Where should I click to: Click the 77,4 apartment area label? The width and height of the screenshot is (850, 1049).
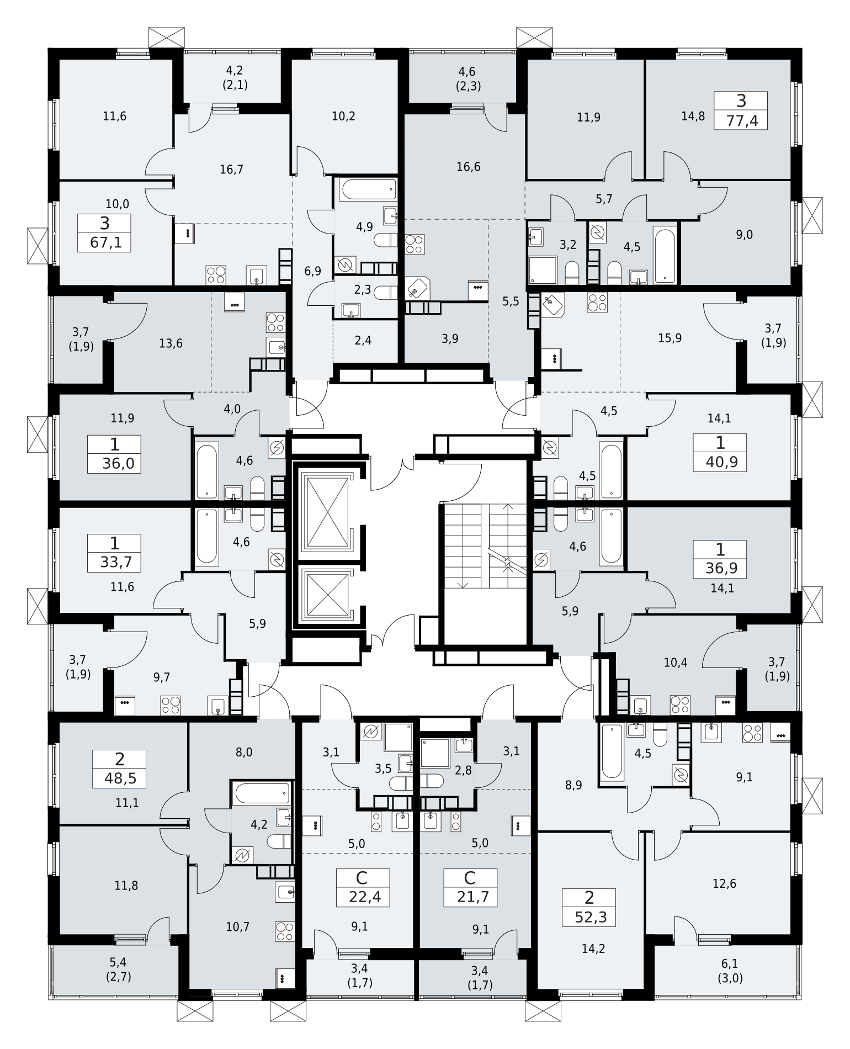point(741,120)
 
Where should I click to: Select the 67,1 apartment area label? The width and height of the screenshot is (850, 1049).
point(104,242)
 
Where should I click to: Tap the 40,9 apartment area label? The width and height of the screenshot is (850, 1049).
point(720,462)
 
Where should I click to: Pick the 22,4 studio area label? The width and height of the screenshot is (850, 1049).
point(363,897)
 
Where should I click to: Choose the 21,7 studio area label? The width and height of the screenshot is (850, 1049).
point(470,897)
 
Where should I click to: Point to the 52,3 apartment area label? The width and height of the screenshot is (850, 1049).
point(589,917)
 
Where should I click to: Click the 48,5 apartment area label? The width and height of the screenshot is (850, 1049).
point(120,779)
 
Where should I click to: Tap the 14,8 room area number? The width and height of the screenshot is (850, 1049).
point(693,116)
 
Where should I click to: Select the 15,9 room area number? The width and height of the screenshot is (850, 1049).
point(670,338)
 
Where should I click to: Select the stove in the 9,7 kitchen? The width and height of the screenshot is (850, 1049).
point(171,705)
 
